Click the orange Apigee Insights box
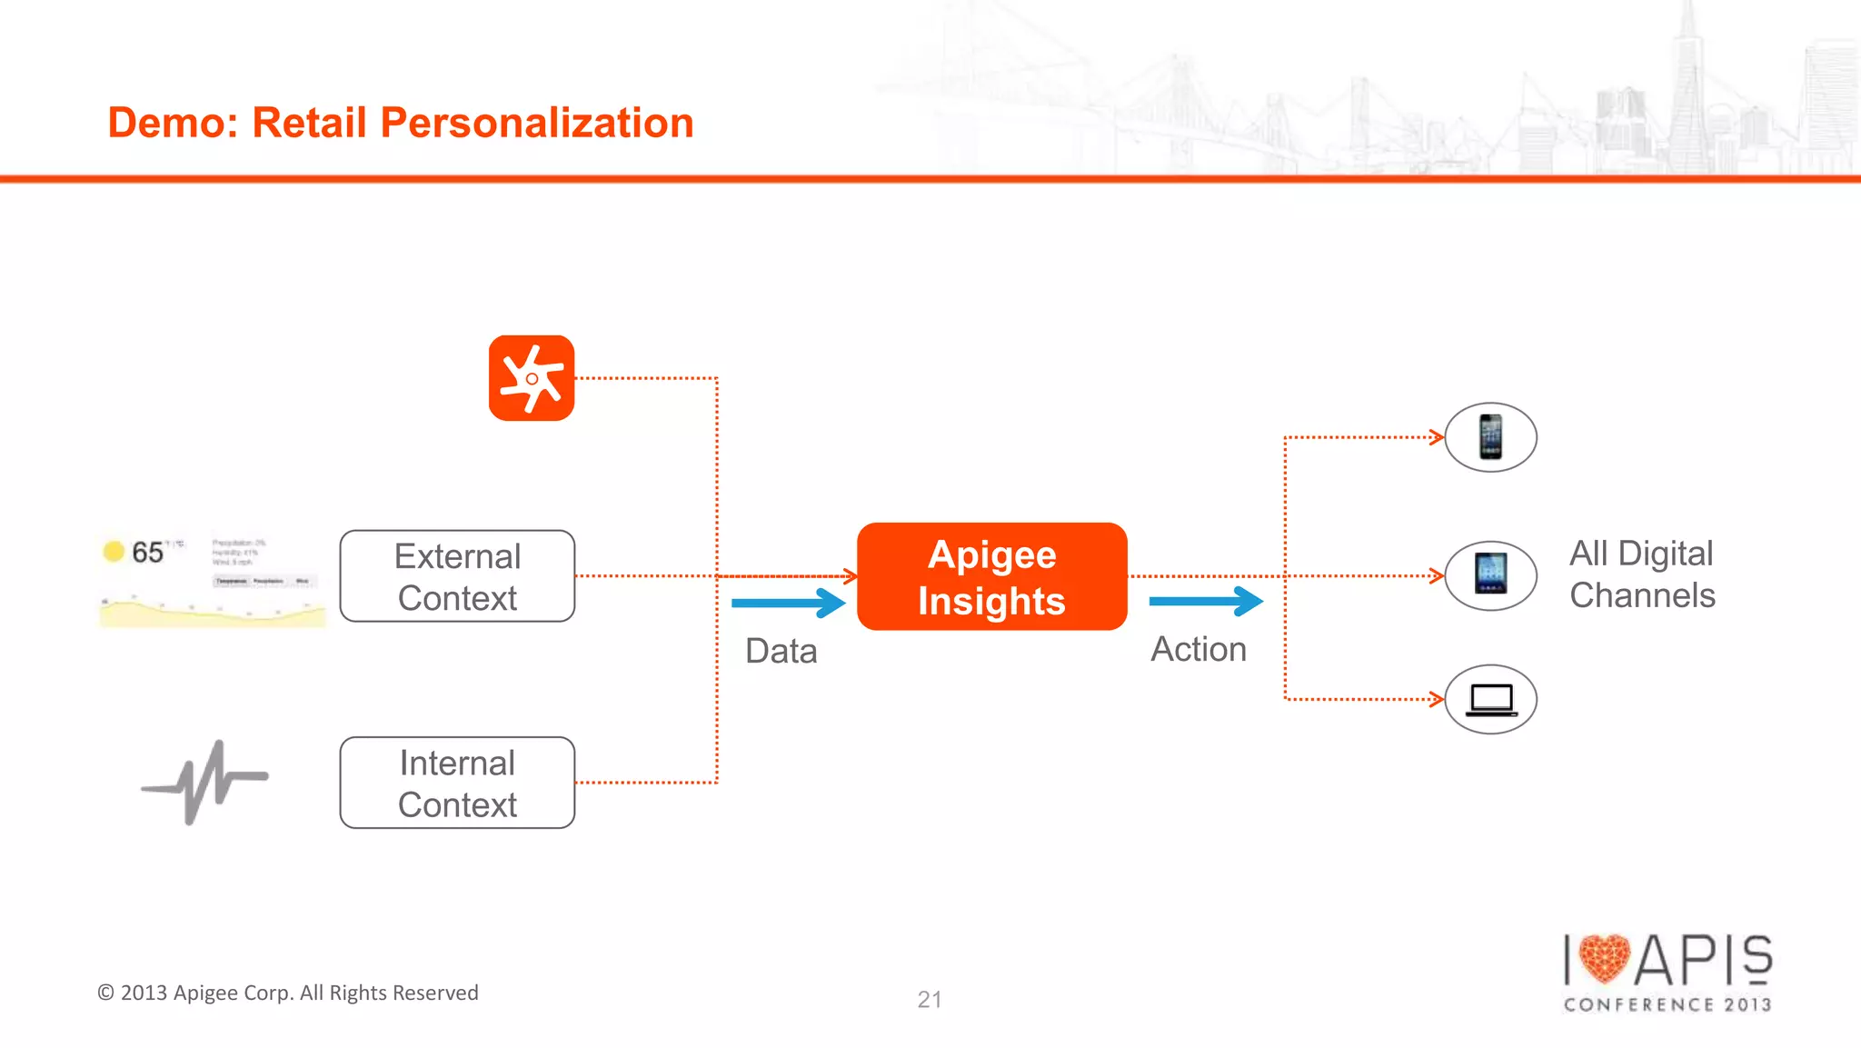click(x=991, y=576)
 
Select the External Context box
click(x=457, y=576)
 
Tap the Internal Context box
click(x=457, y=783)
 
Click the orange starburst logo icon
click(x=532, y=378)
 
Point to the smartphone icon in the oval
click(x=1490, y=437)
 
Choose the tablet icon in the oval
click(x=1490, y=575)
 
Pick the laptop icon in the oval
click(x=1490, y=699)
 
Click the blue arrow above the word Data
click(x=788, y=603)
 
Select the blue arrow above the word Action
click(x=1206, y=601)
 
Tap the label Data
click(x=781, y=651)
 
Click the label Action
click(x=1199, y=649)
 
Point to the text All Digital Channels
click(x=1642, y=574)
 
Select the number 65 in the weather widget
click(x=147, y=552)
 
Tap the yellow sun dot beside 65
click(x=114, y=551)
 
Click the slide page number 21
click(x=929, y=1000)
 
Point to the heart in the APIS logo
click(x=1605, y=958)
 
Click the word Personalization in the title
click(x=536, y=123)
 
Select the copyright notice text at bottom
click(x=288, y=993)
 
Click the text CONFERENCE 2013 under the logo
click(x=1667, y=1004)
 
